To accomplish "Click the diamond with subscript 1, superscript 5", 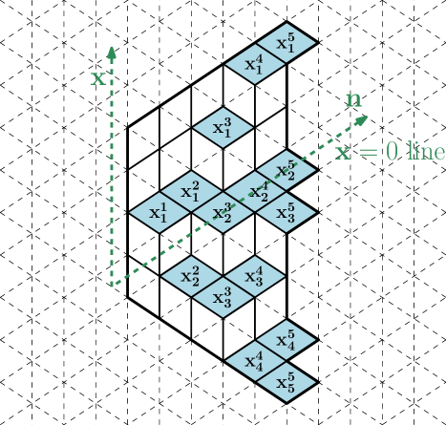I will pyautogui.click(x=286, y=44).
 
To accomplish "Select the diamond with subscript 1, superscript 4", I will pyautogui.click(x=254, y=65).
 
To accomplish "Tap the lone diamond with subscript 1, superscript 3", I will pyautogui.click(x=223, y=127).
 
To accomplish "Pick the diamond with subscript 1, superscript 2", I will pyautogui.click(x=191, y=191).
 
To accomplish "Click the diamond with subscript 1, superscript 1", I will pyautogui.click(x=159, y=212).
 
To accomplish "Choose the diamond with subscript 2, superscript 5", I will pyautogui.click(x=286, y=170).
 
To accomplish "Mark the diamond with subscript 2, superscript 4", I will pyautogui.click(x=254, y=191).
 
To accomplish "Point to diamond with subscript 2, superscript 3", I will pyautogui.click(x=223, y=213).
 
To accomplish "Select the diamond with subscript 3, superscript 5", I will pyautogui.click(x=286, y=212).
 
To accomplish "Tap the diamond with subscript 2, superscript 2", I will pyautogui.click(x=191, y=276).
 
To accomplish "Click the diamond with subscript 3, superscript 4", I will pyautogui.click(x=254, y=276).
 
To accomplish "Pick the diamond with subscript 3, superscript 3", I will pyautogui.click(x=223, y=297).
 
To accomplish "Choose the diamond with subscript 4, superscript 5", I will pyautogui.click(x=286, y=340).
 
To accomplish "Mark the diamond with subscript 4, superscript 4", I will pyautogui.click(x=254, y=361).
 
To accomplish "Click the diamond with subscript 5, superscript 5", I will pyautogui.click(x=286, y=382).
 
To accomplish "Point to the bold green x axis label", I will pyautogui.click(x=98, y=78).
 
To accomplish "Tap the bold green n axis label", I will pyautogui.click(x=353, y=99).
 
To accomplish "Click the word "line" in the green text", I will pyautogui.click(x=426, y=152).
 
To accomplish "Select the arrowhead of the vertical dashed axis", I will pyautogui.click(x=112, y=51).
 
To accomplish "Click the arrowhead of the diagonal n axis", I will pyautogui.click(x=363, y=119).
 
